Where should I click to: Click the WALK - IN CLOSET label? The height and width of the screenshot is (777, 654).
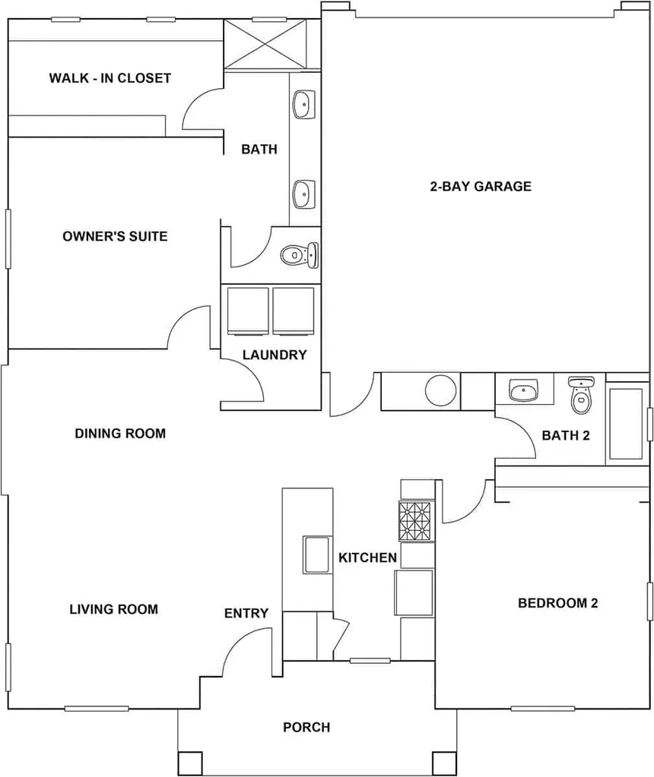tap(110, 78)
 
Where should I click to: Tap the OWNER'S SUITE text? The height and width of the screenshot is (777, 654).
tap(115, 236)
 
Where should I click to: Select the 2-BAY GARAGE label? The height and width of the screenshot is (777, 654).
tap(481, 186)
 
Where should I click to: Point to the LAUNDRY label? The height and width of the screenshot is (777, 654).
tap(275, 355)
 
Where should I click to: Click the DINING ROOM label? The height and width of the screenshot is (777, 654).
tap(120, 434)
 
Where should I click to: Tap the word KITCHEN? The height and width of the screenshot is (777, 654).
tap(368, 558)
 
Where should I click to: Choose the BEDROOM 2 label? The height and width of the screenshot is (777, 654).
tap(557, 603)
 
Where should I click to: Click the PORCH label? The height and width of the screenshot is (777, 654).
tap(306, 728)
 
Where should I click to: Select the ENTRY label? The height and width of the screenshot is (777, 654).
tap(246, 614)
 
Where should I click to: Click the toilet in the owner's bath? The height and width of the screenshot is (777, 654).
tap(299, 255)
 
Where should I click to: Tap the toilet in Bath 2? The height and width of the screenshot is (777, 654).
tap(581, 395)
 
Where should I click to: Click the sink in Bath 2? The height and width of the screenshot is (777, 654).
tap(523, 390)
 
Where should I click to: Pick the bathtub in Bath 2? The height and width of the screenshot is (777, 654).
tap(626, 424)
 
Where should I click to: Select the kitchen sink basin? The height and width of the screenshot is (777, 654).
tap(316, 555)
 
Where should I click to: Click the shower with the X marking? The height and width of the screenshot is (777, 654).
tap(265, 45)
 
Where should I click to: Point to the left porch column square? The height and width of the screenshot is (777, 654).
tap(190, 763)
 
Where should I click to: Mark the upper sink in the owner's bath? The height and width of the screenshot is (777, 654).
tap(303, 105)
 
